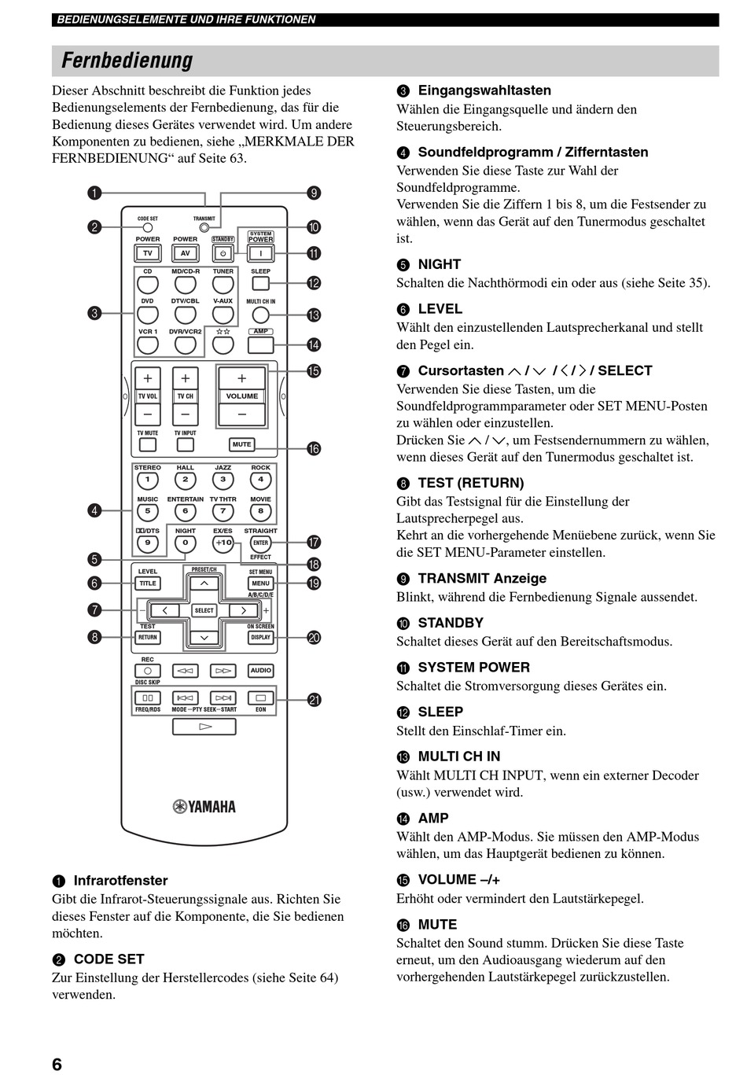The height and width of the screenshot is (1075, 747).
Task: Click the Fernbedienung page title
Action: pos(127,61)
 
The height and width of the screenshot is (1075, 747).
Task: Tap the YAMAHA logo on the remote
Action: pos(204,806)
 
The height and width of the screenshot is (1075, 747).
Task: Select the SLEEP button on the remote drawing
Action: pos(261,282)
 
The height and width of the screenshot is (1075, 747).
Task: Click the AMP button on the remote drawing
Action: pos(261,344)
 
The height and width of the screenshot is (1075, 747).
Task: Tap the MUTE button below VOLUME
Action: pos(241,444)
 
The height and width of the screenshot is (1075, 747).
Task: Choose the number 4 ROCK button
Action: pos(261,480)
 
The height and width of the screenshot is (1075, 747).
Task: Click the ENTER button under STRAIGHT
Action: pos(261,543)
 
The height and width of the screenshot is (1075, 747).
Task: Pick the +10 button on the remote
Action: pos(223,543)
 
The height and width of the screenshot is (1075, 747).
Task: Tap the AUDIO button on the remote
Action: pos(261,671)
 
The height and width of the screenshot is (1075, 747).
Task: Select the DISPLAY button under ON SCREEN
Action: pos(261,638)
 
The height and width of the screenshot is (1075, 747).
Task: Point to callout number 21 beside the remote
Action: pos(314,700)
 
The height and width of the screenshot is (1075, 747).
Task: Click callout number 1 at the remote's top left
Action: pos(94,193)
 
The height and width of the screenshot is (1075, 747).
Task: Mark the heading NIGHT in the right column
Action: pos(440,265)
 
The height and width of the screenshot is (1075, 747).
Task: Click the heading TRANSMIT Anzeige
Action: pos(482,579)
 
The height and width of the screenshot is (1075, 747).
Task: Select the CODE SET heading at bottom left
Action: pos(109,959)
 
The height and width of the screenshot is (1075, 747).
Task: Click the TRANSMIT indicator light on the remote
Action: pos(204,228)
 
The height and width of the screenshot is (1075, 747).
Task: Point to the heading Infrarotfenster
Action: pos(120,881)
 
